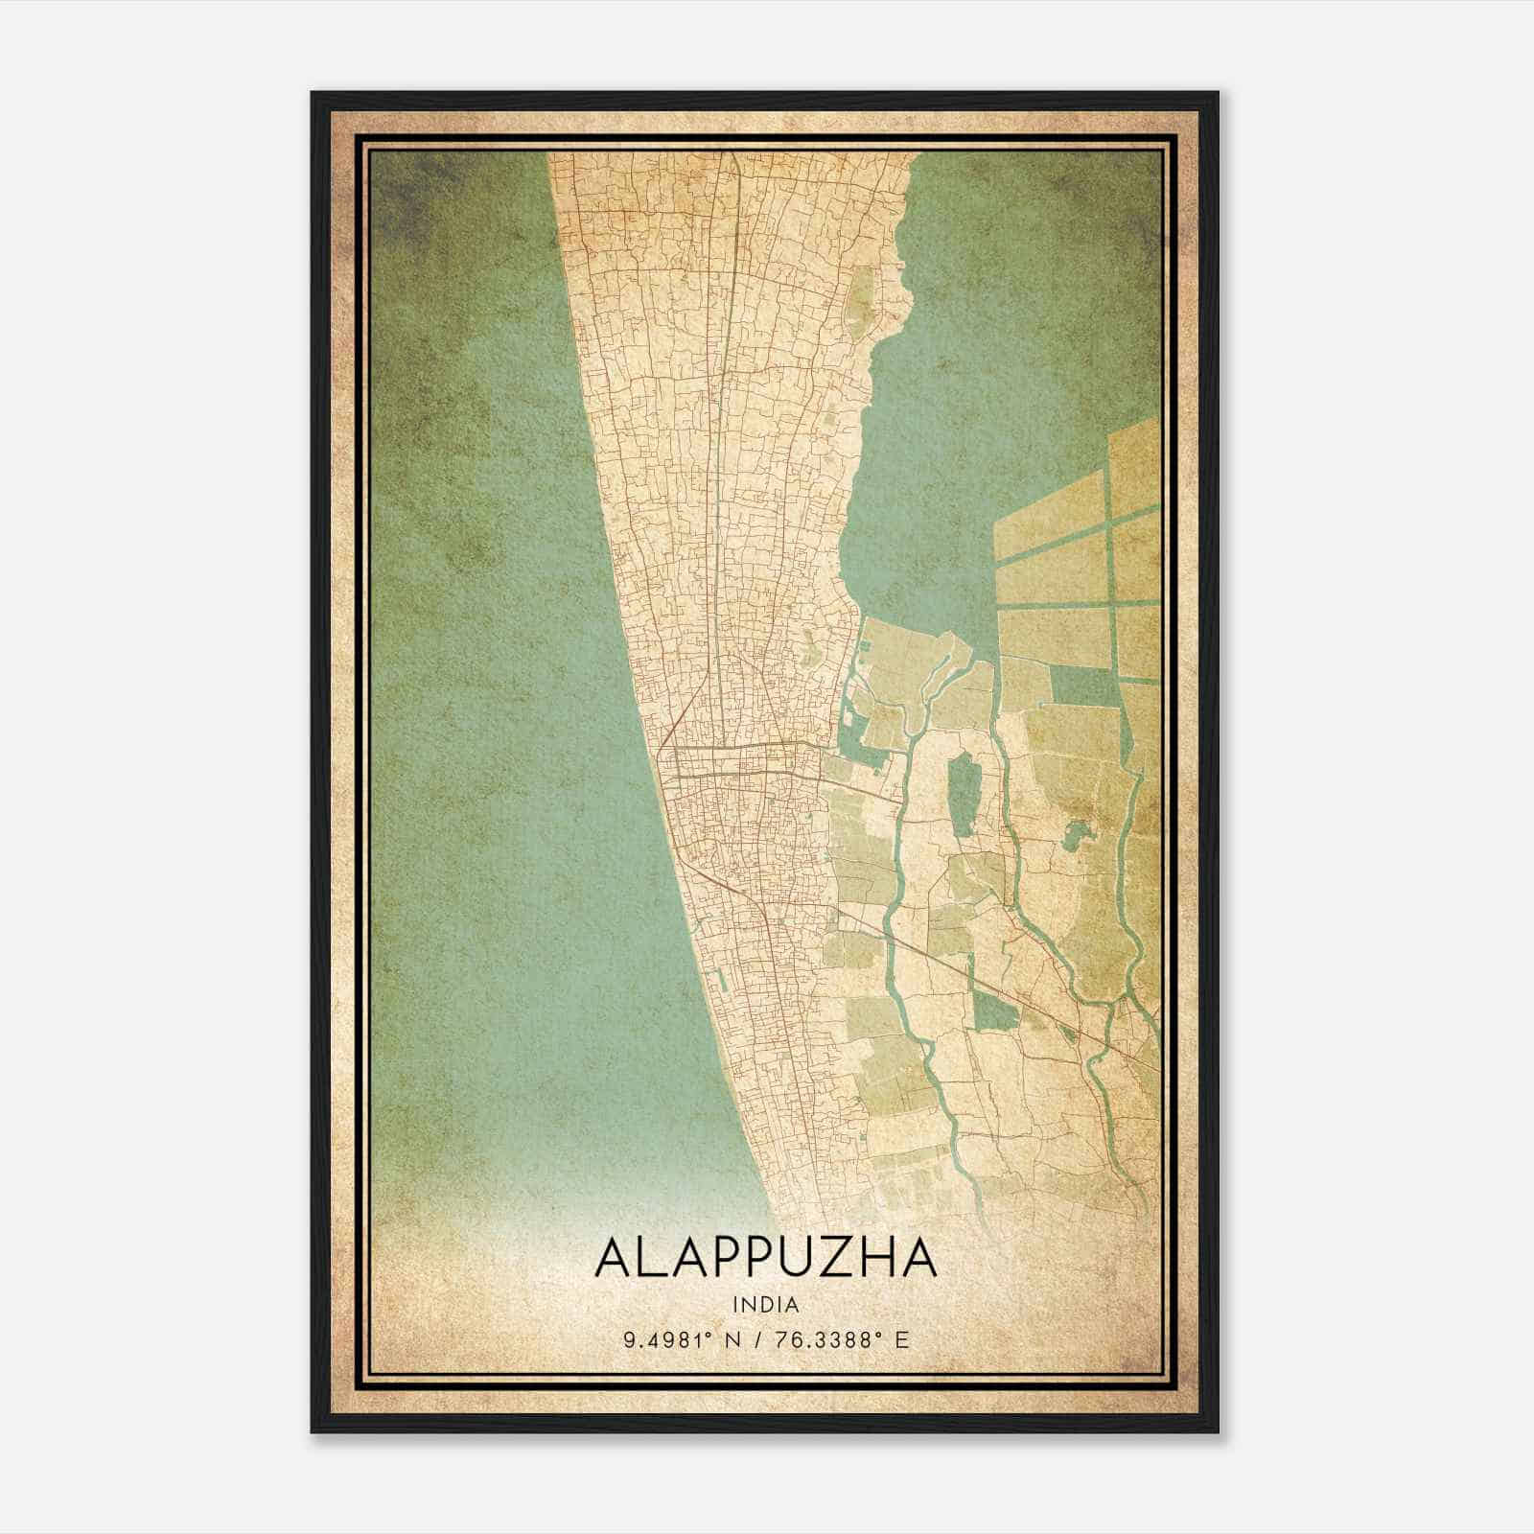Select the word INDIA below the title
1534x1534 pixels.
pos(766,1304)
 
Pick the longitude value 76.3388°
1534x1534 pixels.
pos(834,1339)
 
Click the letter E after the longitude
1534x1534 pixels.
pos(900,1339)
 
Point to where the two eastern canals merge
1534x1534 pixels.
pos(1112,1007)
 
